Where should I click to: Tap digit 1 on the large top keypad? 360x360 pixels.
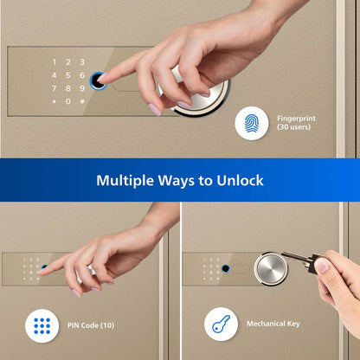(x=55, y=62)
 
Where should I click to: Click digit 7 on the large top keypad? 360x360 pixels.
(x=55, y=88)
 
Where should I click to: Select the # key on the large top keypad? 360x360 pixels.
(x=82, y=101)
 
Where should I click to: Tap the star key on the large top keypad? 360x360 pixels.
(x=55, y=101)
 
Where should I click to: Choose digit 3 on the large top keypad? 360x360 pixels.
(x=82, y=62)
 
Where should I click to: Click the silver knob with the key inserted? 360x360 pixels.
(x=271, y=269)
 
